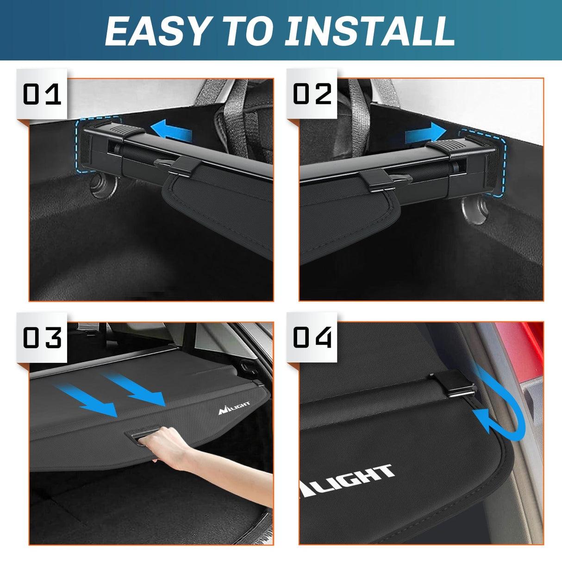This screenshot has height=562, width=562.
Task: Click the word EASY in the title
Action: tap(156, 31)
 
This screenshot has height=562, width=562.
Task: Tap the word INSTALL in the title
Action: tap(369, 31)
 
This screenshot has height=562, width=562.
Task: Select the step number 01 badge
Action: tap(42, 94)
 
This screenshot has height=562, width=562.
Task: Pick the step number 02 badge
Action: tap(312, 94)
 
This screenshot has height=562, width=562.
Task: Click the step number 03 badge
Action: tap(42, 337)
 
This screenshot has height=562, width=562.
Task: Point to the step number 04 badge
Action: tap(312, 337)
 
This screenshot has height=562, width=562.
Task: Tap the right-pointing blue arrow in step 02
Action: tap(425, 133)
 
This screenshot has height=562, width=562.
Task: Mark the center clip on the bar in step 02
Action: tap(374, 179)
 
